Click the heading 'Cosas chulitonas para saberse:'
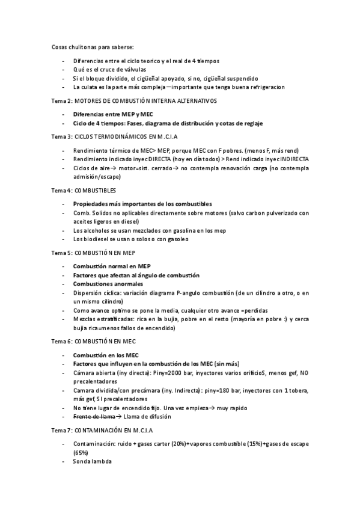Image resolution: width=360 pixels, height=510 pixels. (x=93, y=46)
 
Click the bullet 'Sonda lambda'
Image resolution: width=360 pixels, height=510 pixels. (x=93, y=461)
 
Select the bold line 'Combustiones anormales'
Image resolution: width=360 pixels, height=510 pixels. (x=108, y=283)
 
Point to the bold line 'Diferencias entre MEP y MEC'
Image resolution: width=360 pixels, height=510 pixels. (x=112, y=114)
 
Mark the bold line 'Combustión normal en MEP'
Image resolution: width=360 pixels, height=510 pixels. (x=111, y=266)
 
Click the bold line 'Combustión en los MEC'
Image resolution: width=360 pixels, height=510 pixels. (x=106, y=355)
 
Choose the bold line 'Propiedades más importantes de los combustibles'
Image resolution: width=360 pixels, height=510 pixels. (x=142, y=204)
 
